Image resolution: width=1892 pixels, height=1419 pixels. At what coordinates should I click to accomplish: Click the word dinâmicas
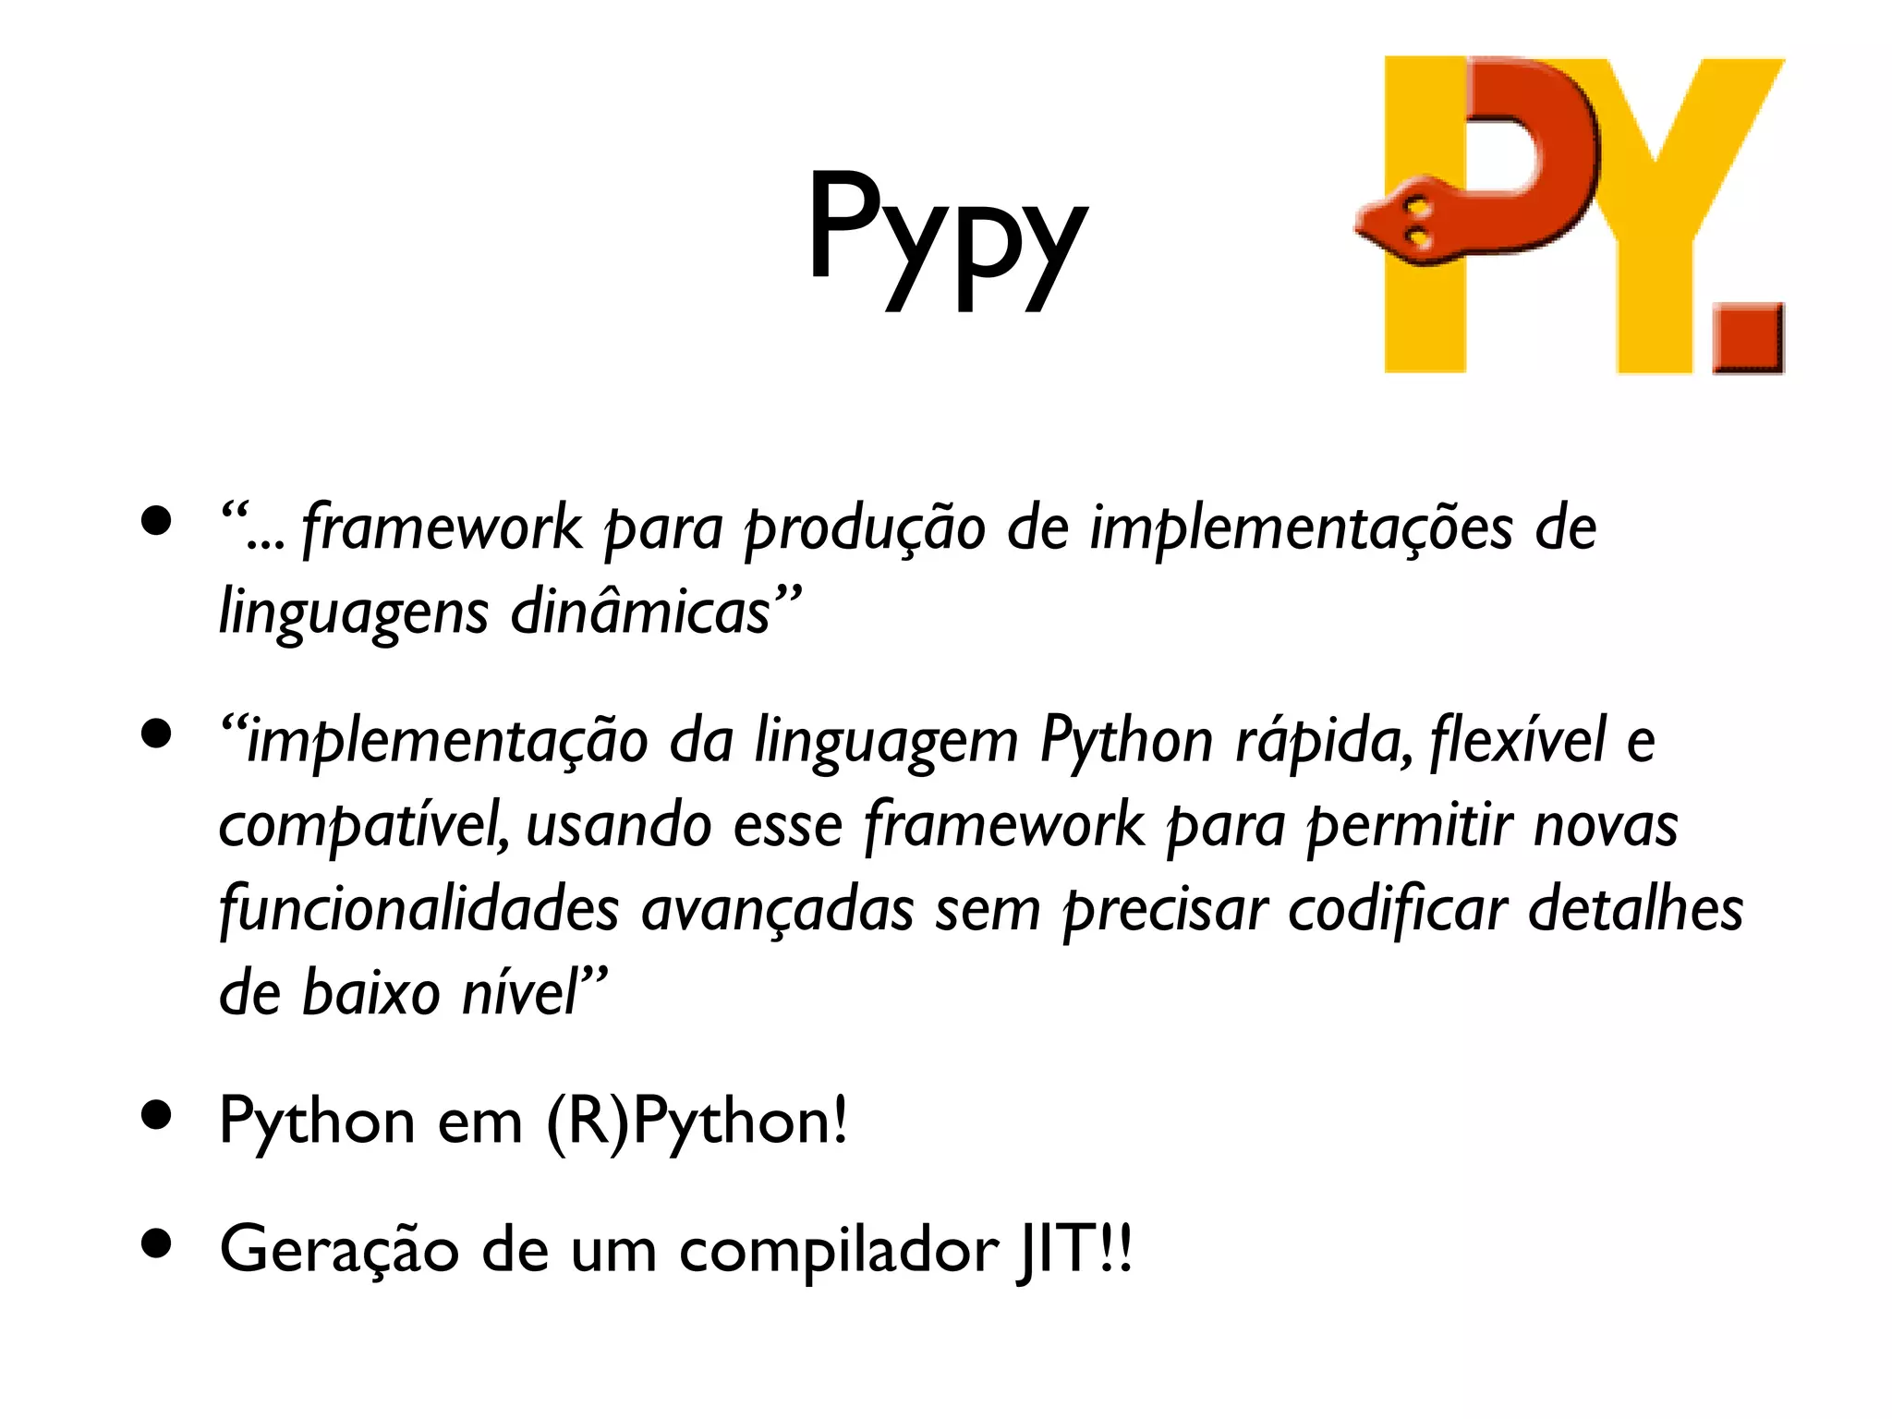[x=640, y=612]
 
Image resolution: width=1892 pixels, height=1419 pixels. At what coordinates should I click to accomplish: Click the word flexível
[x=1519, y=741]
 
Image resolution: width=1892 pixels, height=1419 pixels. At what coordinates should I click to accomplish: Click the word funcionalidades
[x=418, y=909]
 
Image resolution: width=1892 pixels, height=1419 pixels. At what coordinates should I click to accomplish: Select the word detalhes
[x=1636, y=909]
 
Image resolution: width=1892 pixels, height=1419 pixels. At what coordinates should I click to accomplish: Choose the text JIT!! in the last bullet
[x=1073, y=1250]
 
